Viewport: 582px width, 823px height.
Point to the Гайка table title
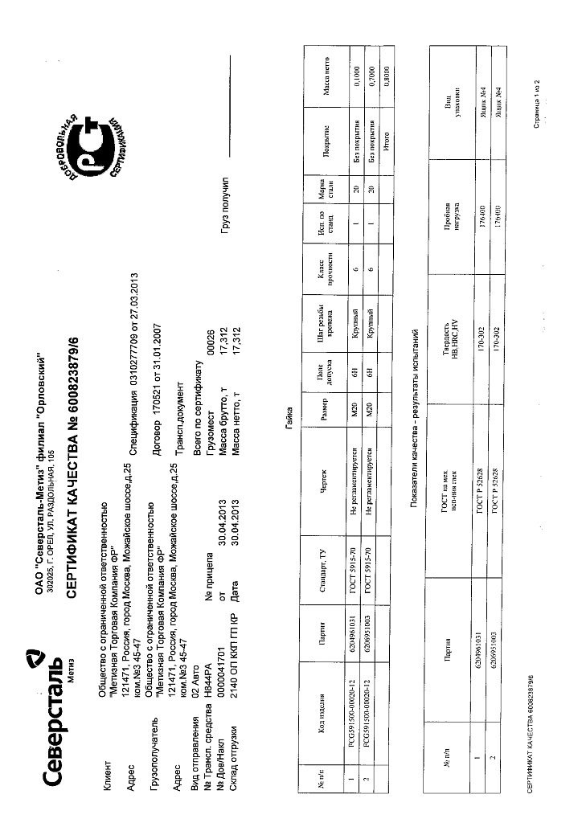pos(287,411)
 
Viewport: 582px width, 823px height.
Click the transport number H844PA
pos(207,718)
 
